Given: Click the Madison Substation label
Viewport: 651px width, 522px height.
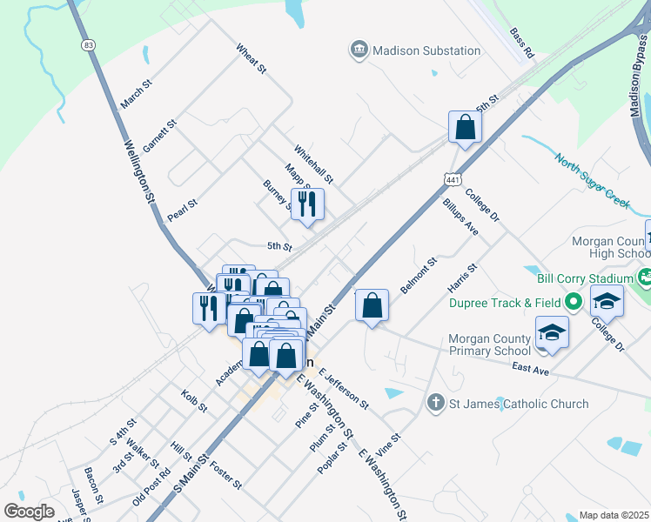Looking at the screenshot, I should [426, 50].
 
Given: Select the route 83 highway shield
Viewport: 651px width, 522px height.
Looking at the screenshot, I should [90, 44].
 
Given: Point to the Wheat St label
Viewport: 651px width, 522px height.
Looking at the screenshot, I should [250, 59].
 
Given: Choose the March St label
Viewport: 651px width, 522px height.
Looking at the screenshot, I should [137, 95].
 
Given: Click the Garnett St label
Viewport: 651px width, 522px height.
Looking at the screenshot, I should [160, 137].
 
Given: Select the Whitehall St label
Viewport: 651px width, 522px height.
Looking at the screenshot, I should [313, 164].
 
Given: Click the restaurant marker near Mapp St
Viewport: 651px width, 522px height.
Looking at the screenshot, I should [307, 204].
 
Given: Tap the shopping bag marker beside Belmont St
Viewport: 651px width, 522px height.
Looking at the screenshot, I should [372, 305].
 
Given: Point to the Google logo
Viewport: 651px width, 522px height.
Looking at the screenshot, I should [29, 512].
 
